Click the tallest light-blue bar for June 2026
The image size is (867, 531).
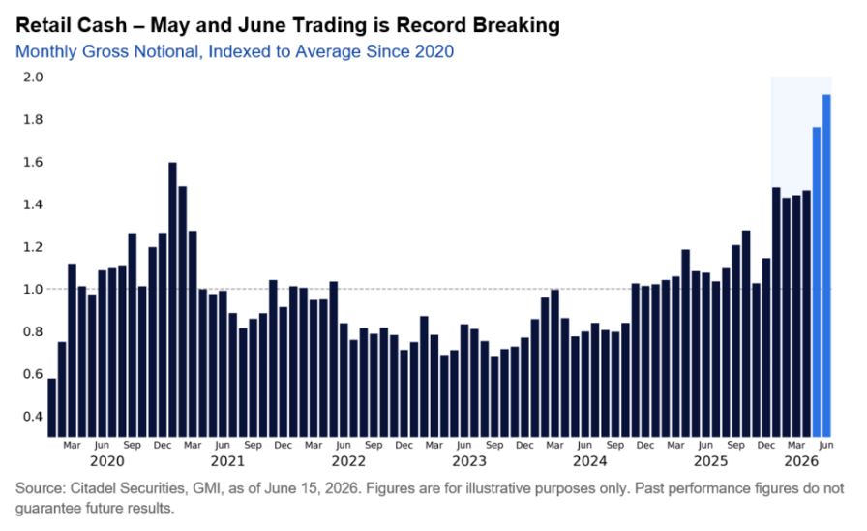826,265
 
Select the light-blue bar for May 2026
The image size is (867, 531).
817,282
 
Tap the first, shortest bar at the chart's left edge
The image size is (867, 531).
52,408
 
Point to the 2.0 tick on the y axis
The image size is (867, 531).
33,77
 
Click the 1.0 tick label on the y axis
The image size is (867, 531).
33,289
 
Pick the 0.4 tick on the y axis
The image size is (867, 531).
33,417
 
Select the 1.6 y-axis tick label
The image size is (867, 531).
33,162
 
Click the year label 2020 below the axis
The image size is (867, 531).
107,461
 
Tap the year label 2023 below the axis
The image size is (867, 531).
469,461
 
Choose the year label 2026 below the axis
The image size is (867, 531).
801,461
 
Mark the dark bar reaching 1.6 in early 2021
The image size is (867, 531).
172,299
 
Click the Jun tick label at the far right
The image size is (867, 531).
826,445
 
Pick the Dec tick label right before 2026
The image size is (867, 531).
766,445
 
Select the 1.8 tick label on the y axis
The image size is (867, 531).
33,119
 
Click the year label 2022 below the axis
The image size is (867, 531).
349,461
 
